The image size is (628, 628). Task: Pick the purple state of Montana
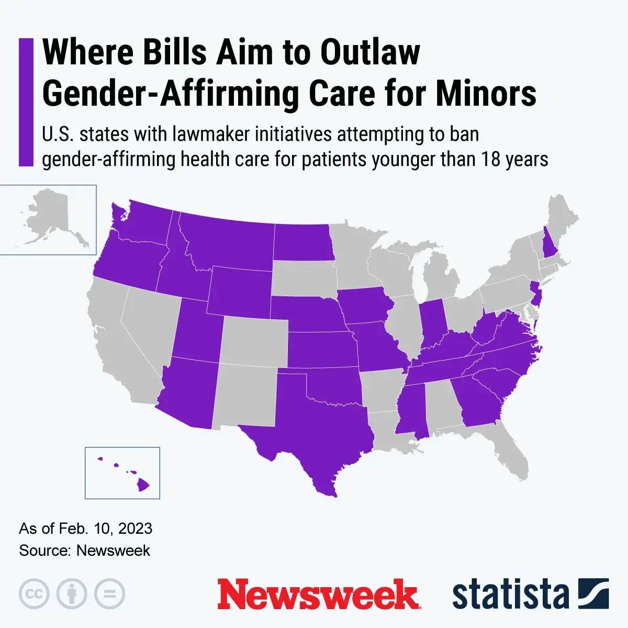point(225,241)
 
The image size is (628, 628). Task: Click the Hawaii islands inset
point(122,473)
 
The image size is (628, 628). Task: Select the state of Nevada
point(149,324)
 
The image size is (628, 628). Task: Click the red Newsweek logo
point(318,594)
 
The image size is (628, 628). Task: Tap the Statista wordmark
point(510,595)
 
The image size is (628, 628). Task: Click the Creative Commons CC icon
point(34,595)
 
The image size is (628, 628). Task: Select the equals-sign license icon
point(109,595)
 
